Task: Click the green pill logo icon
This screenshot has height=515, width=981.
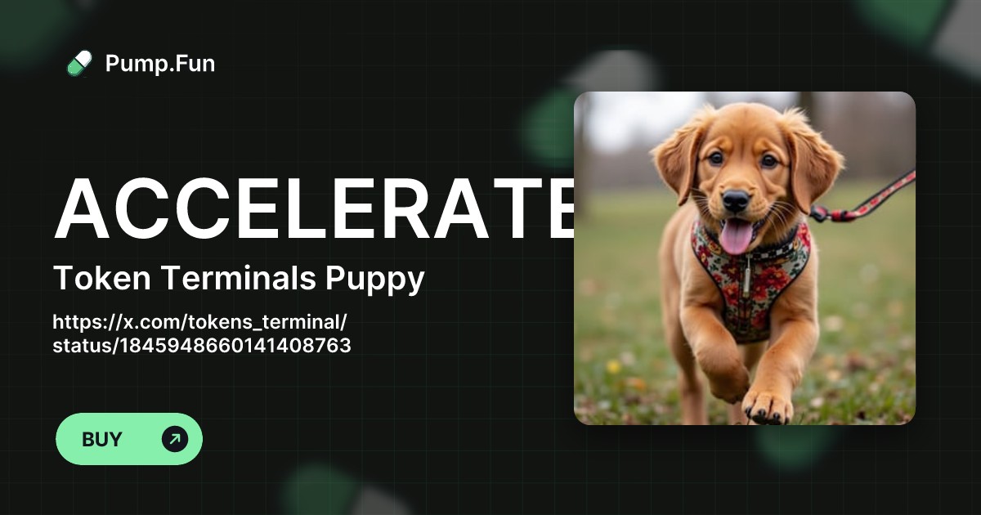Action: (79, 63)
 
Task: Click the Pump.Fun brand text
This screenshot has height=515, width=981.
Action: (160, 63)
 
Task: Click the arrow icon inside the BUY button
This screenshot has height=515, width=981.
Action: (175, 439)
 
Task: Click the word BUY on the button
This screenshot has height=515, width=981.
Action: (102, 439)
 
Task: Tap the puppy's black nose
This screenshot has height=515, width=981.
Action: (735, 199)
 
